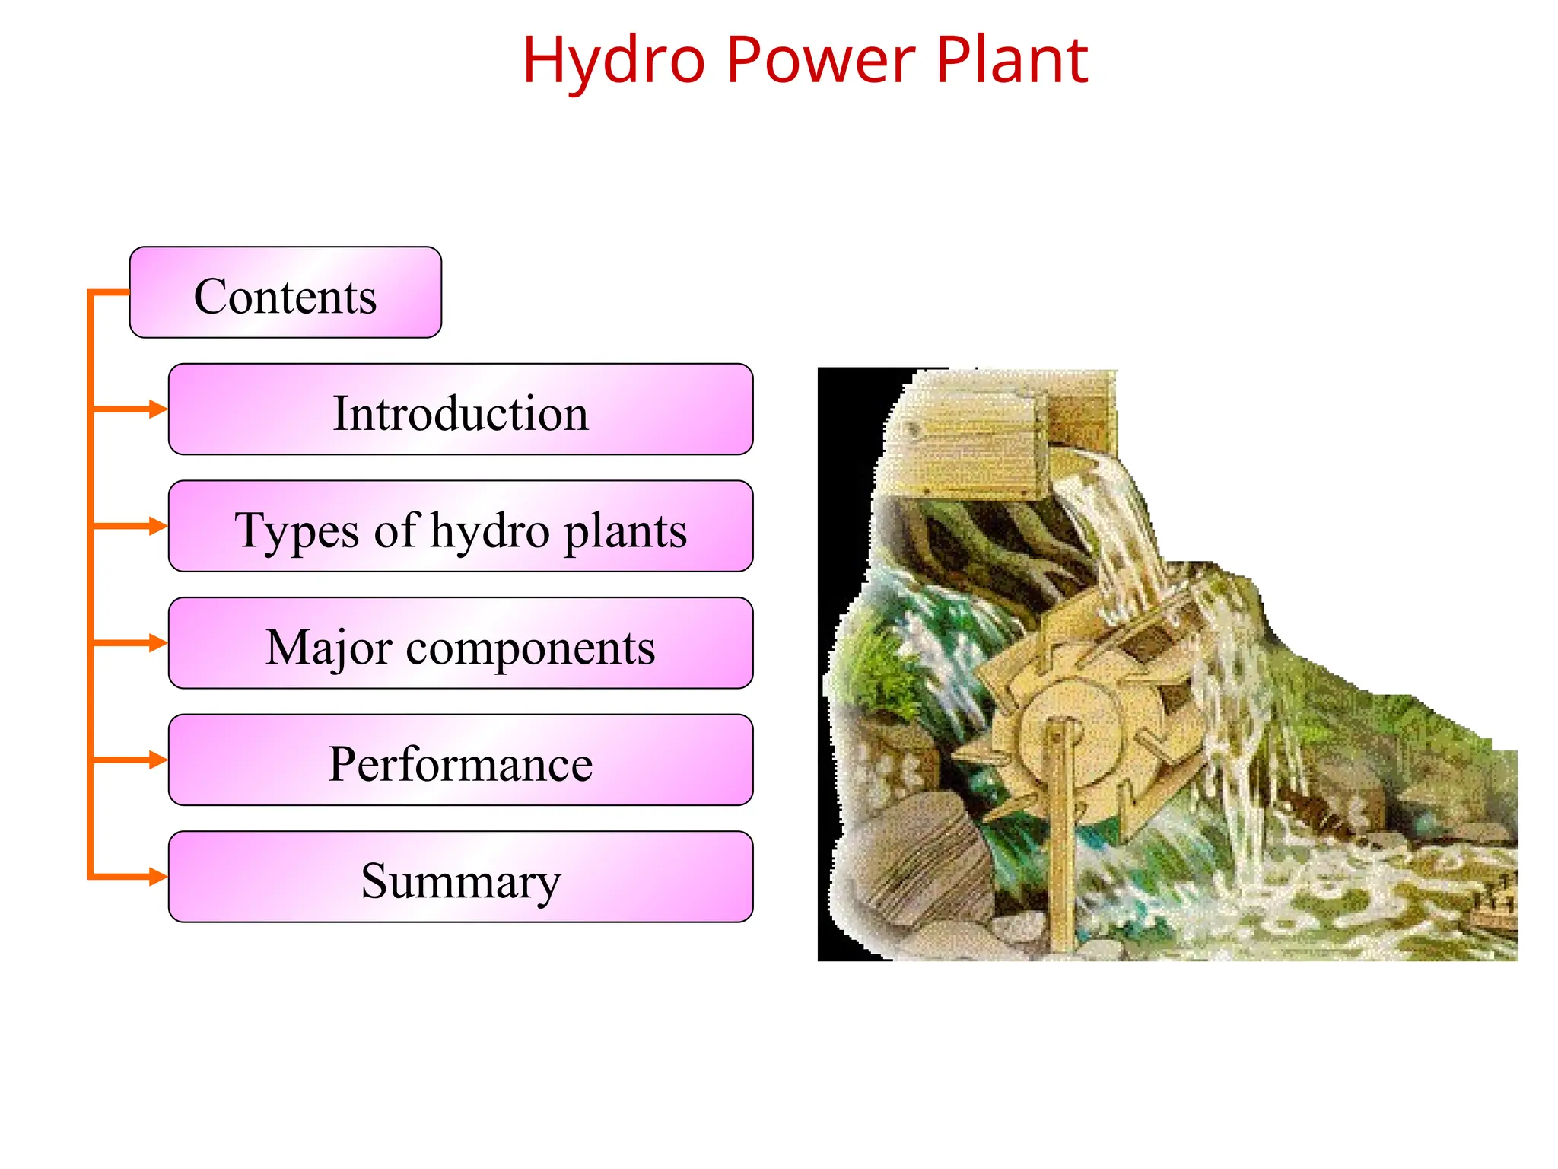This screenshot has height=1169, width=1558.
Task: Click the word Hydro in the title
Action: point(613,61)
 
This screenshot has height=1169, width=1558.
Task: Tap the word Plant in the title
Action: point(1011,61)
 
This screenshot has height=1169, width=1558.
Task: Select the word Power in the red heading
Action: point(820,61)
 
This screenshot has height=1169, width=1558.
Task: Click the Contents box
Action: point(285,293)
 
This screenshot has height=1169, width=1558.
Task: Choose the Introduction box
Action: point(460,410)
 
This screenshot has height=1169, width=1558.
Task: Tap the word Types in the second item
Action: point(296,530)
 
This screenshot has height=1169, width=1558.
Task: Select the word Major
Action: point(329,648)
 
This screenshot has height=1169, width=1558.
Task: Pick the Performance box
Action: point(460,761)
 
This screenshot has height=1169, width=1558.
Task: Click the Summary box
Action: point(460,878)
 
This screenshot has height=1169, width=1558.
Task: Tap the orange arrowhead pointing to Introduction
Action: point(158,409)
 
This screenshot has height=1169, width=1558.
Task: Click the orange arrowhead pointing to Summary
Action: point(158,877)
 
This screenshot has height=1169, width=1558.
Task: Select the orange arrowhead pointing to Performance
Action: point(158,760)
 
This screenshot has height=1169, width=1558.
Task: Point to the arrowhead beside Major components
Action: point(158,643)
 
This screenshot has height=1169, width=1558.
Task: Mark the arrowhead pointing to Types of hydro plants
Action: point(158,526)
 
